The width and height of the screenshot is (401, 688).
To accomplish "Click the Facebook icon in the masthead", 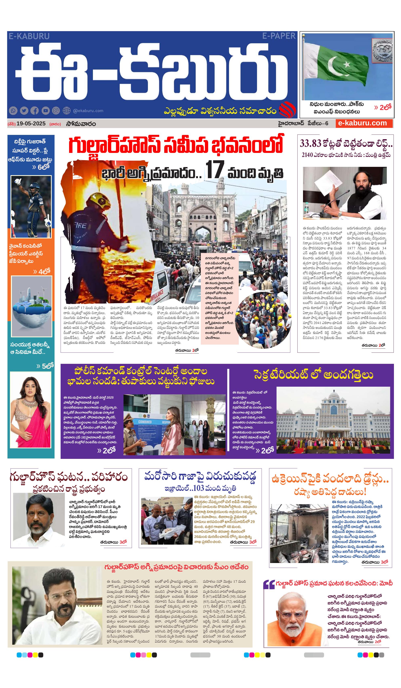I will click(x=34, y=111).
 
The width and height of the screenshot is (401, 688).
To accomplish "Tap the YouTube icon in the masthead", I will click(x=45, y=111).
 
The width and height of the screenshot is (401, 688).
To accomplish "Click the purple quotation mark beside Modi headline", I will click(x=269, y=584).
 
